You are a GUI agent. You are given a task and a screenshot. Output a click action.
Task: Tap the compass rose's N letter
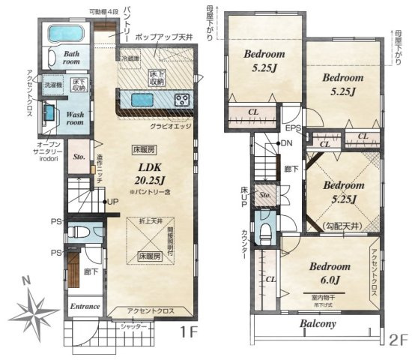(27, 279)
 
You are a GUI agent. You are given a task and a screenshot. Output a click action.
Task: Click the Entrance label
(85, 306)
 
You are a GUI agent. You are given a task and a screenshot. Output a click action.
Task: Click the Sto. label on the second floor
(264, 196)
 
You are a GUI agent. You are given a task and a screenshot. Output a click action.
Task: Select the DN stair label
(287, 143)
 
